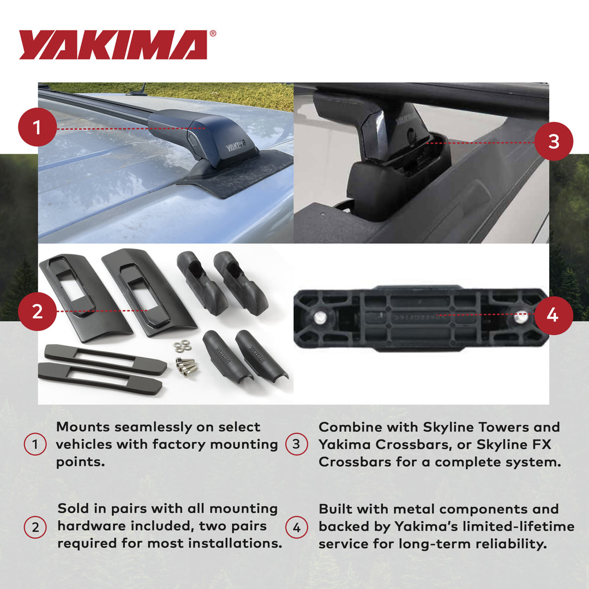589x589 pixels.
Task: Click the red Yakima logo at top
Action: pos(113,45)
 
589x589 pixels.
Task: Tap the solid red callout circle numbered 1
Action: pos(37,129)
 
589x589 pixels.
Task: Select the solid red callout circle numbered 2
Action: pos(37,311)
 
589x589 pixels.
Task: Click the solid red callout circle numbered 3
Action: pos(554,141)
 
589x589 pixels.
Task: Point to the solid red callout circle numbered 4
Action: pos(553,315)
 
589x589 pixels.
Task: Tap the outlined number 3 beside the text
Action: pos(296,444)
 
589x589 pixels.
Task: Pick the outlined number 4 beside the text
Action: pos(296,527)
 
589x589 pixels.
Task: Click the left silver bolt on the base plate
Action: pos(321,316)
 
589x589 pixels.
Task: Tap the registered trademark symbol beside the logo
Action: pos(213,33)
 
